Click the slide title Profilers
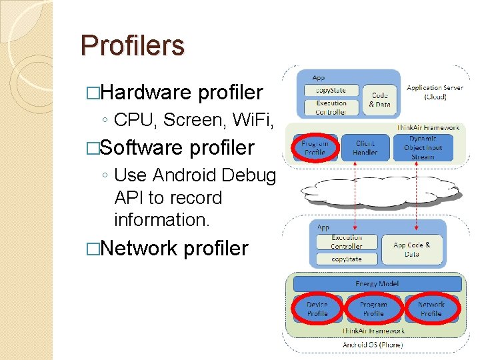coord(132,46)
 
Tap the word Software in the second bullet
coord(141,147)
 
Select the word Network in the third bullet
coord(139,249)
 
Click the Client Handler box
coord(365,148)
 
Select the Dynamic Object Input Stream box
coord(423,147)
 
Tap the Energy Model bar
coord(377,284)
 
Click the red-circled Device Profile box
coord(317,309)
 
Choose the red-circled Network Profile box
coord(431,309)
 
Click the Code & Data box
coord(379,100)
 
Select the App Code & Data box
coord(411,249)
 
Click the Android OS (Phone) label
coord(373,345)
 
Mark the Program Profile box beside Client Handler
coord(315,148)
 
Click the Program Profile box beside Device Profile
coord(373,309)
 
